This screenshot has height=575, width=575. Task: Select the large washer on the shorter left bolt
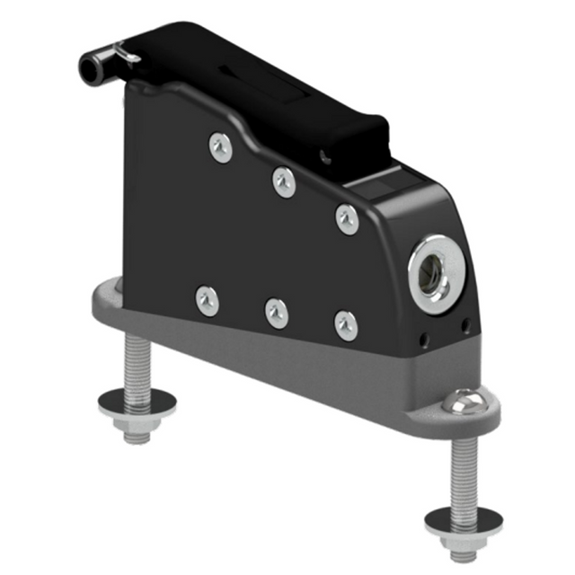[137, 400]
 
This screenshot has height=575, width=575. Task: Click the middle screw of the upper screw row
[284, 182]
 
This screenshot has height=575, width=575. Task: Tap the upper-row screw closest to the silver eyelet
[347, 218]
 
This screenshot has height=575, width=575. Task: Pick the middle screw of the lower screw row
[277, 313]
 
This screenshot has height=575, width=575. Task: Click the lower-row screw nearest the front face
[346, 325]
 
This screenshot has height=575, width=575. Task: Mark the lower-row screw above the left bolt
[208, 300]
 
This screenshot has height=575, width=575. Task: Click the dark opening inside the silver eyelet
[436, 270]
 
